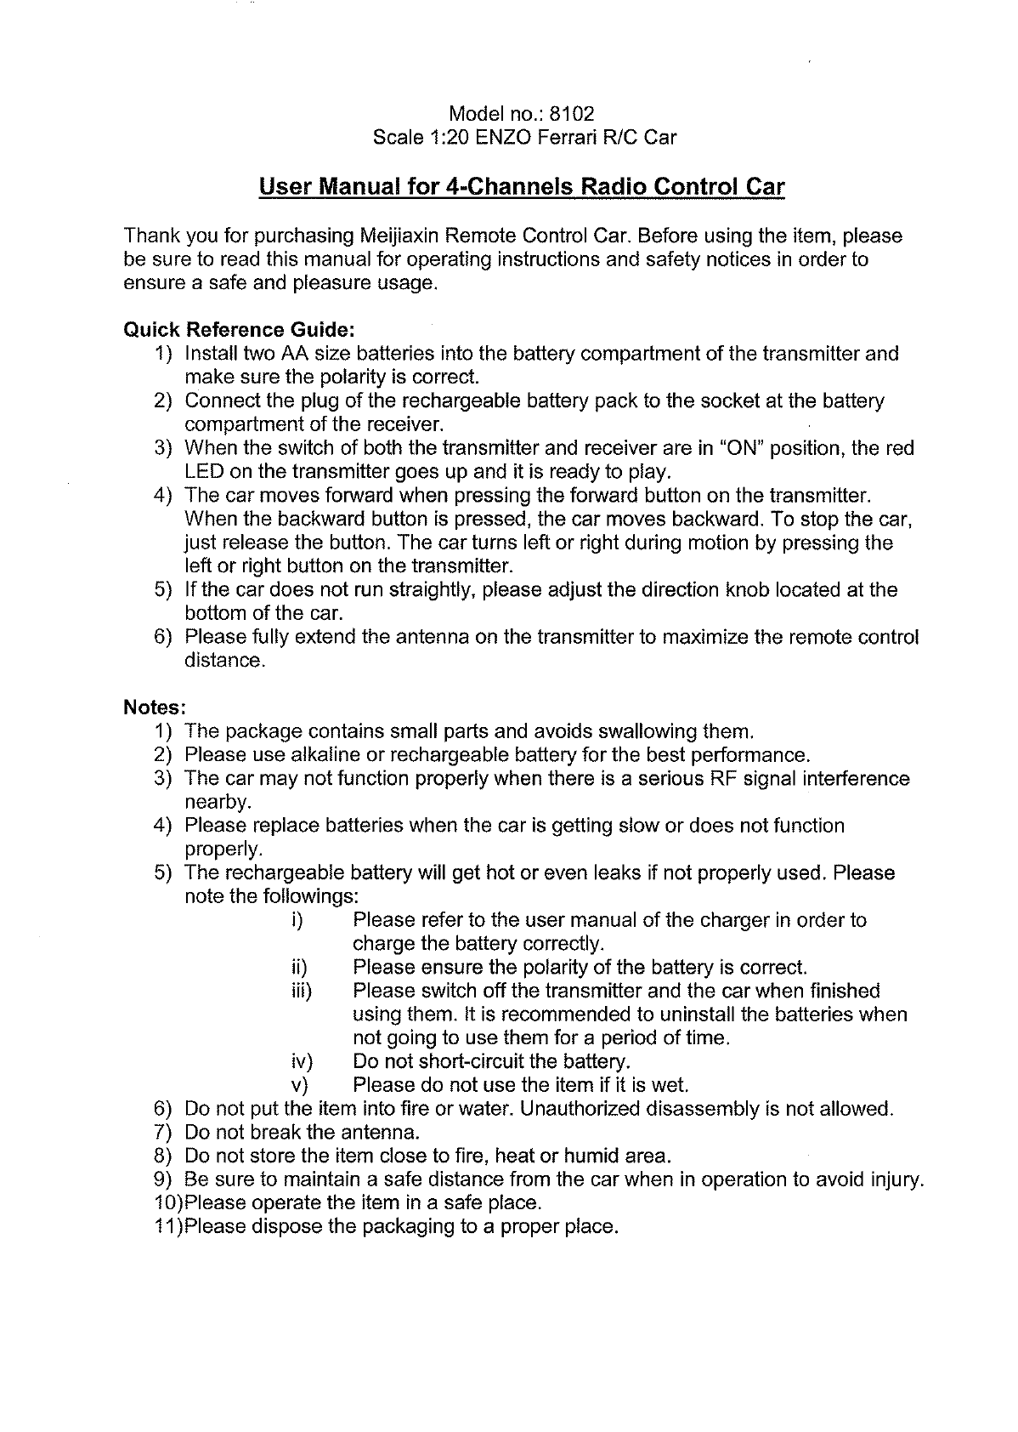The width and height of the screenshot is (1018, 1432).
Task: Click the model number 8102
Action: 573,114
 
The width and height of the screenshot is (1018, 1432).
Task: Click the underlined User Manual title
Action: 521,186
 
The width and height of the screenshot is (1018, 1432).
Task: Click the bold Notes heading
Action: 155,707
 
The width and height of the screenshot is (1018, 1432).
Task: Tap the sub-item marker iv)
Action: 302,1062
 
